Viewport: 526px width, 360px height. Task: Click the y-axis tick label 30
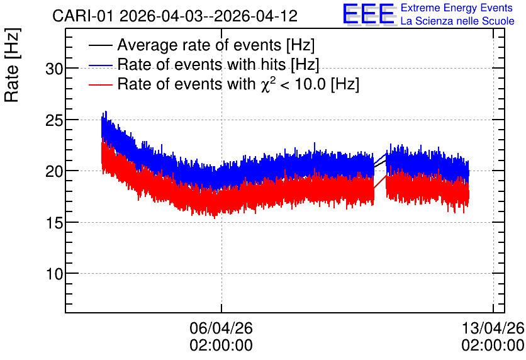(x=54, y=69)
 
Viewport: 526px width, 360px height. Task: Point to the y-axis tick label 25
(x=54, y=120)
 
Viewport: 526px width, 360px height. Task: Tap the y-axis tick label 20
(x=54, y=172)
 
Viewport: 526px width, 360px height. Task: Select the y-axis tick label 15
(x=54, y=223)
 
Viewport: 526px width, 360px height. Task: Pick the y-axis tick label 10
(x=54, y=274)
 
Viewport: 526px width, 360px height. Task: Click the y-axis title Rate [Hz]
(x=12, y=65)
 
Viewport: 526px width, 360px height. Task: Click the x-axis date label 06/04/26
(x=221, y=328)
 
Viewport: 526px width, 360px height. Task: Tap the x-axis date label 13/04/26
(x=493, y=328)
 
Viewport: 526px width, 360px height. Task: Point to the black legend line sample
(x=100, y=45)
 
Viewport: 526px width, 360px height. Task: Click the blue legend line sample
(x=100, y=65)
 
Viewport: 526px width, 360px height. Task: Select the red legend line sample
(x=100, y=84)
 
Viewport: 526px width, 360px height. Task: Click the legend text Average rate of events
(x=199, y=45)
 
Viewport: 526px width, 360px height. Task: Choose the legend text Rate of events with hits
(x=201, y=64)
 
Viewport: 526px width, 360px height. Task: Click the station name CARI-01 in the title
(x=83, y=16)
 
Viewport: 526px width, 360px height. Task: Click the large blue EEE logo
(x=369, y=14)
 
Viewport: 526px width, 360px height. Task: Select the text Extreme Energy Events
(x=457, y=8)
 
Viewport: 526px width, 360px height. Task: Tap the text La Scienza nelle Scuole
(x=457, y=21)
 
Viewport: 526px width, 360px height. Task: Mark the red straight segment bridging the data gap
(x=380, y=181)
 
